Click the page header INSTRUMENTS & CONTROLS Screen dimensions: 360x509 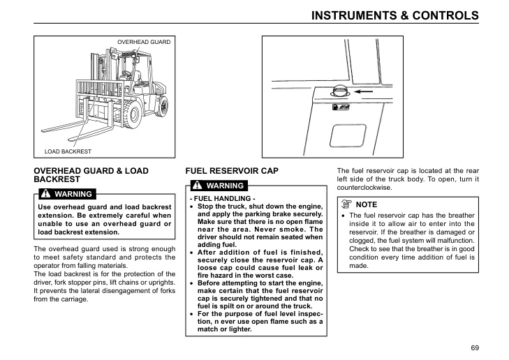click(394, 15)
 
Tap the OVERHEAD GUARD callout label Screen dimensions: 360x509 click(143, 42)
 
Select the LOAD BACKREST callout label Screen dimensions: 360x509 click(68, 151)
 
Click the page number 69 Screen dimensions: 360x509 click(475, 347)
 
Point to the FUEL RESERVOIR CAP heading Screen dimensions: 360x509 click(231, 170)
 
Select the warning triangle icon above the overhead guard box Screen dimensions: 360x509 click(46, 193)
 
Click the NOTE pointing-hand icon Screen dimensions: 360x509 click(346, 204)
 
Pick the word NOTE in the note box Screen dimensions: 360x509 click(366, 204)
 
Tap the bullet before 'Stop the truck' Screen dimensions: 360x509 click(192, 207)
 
